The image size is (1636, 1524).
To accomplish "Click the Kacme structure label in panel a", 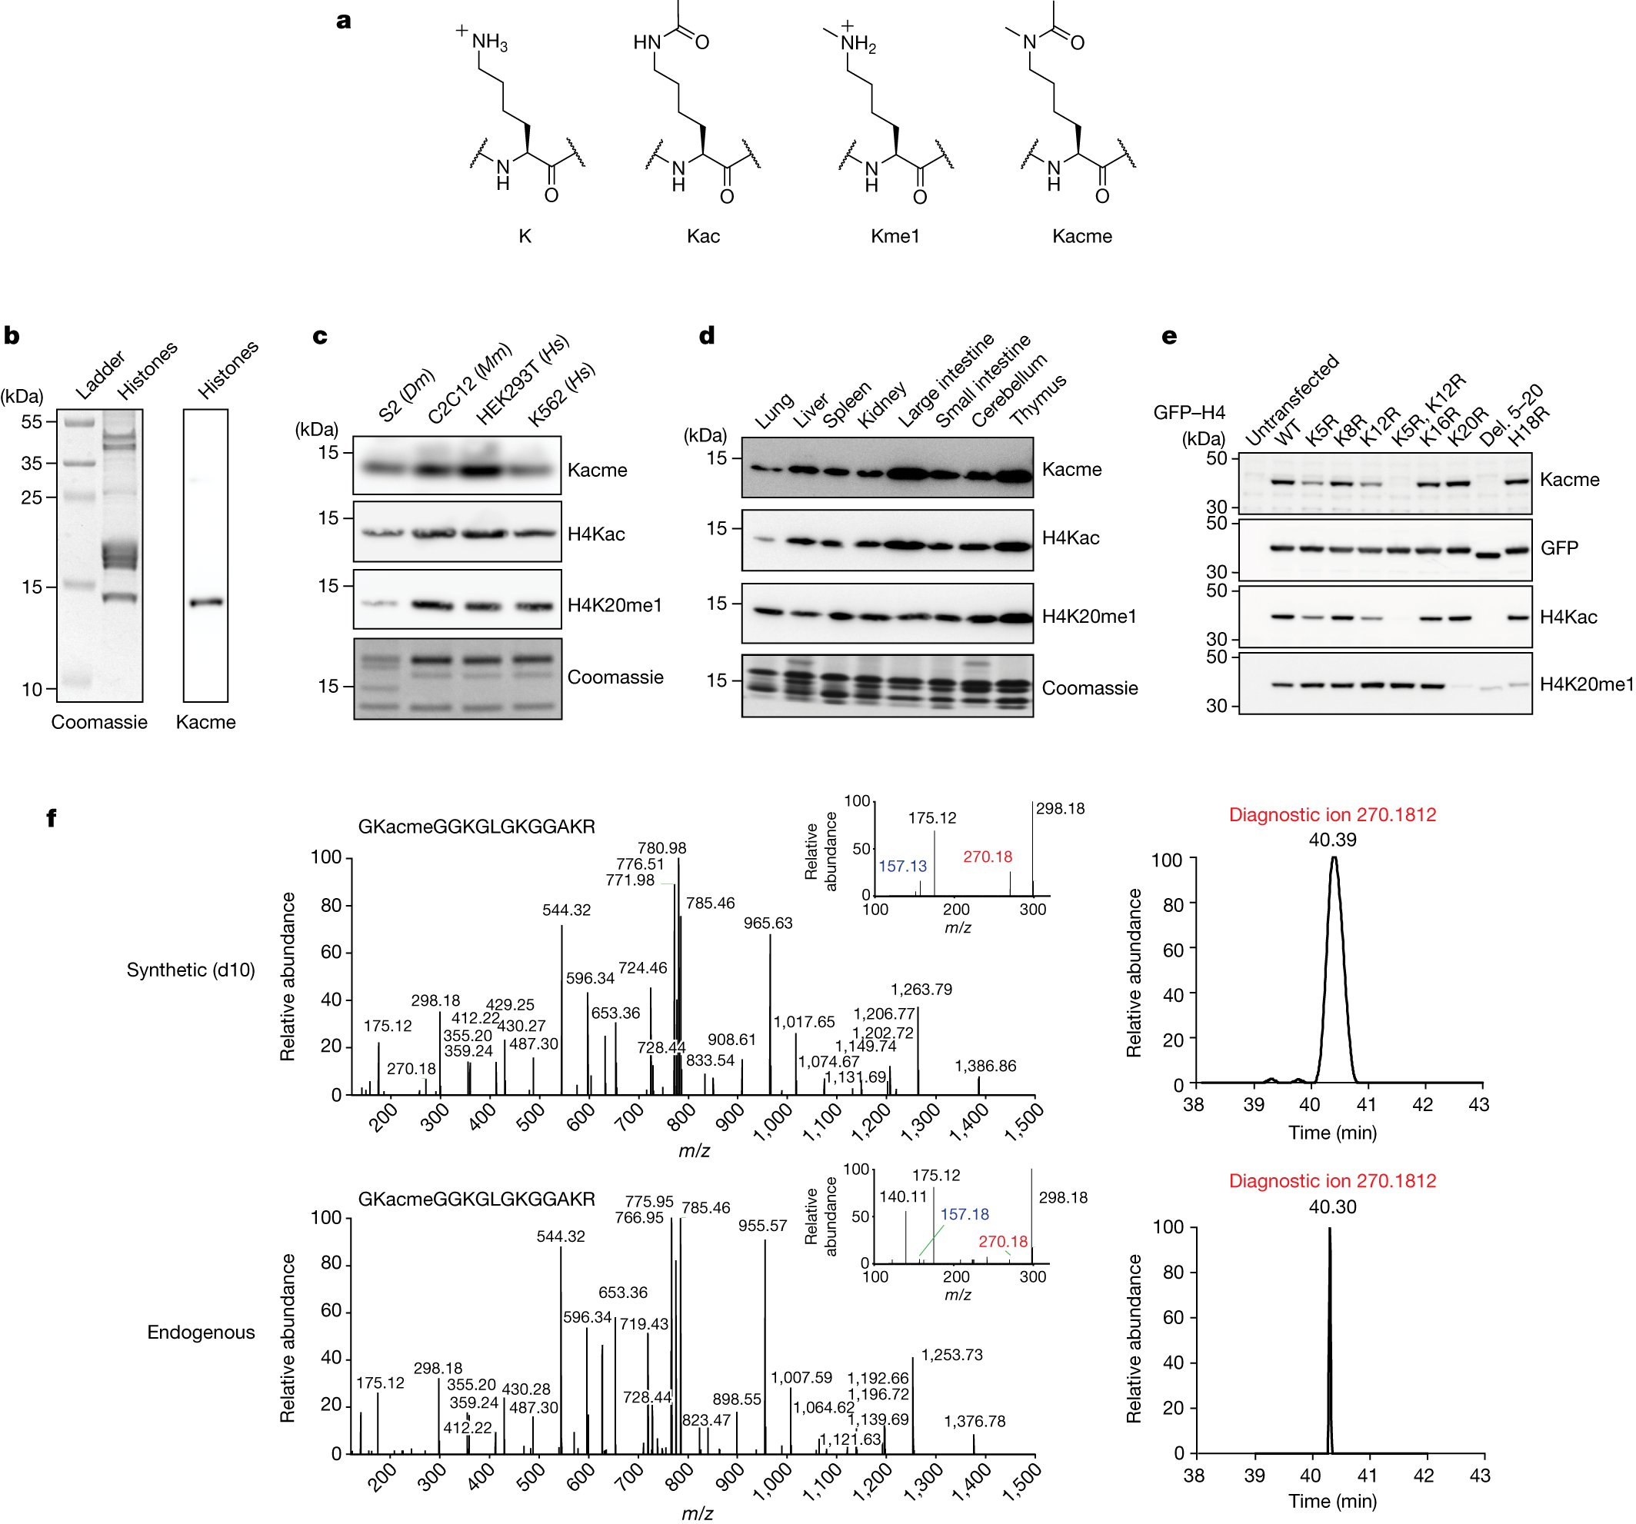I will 1081,237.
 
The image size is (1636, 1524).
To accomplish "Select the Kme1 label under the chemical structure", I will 895,237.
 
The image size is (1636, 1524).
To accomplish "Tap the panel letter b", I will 12,337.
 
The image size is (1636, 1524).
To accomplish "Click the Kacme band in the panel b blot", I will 205,602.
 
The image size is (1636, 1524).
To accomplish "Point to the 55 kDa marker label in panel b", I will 32,422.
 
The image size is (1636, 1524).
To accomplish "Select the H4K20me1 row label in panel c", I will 614,606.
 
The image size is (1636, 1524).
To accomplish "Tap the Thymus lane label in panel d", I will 1038,400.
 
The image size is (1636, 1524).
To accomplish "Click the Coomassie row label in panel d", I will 1090,688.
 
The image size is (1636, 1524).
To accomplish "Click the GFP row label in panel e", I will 1558,548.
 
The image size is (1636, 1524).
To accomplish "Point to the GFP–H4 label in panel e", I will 1189,412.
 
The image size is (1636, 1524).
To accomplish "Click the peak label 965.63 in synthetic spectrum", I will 768,923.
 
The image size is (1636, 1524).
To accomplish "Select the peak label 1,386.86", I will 985,1066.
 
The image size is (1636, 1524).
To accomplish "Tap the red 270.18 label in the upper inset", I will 988,857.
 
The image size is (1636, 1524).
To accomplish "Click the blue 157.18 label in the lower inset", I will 965,1215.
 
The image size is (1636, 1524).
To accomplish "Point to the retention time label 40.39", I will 1332,840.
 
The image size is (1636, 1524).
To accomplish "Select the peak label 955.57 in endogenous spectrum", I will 762,1226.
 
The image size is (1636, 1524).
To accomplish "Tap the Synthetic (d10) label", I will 191,970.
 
